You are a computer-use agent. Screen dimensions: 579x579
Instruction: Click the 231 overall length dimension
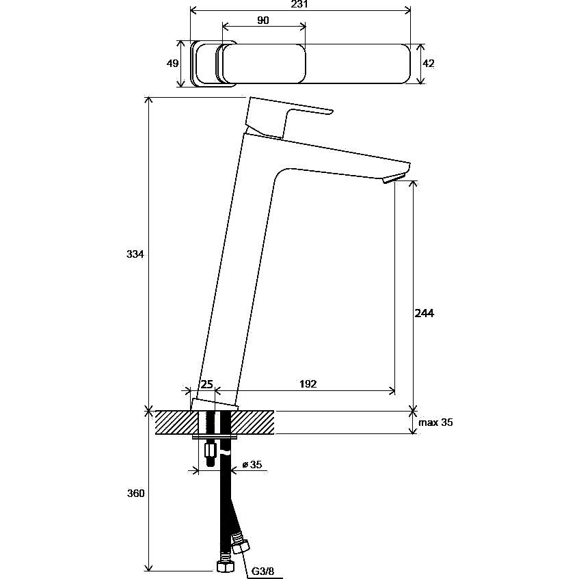299,4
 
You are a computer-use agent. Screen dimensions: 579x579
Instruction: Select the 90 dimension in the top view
263,21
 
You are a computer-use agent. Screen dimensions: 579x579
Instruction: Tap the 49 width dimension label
172,63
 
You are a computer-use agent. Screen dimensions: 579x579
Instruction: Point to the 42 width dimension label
429,64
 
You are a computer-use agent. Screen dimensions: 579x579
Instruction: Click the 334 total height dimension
135,254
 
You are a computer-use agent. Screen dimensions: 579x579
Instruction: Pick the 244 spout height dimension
425,313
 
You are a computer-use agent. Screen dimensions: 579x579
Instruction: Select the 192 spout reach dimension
308,384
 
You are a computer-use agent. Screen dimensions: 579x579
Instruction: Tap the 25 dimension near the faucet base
206,384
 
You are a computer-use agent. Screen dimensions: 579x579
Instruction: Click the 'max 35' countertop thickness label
435,422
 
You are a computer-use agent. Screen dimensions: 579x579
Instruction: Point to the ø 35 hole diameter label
252,464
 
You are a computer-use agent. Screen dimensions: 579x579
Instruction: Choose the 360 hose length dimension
136,493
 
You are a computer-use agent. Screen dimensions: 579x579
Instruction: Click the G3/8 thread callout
262,571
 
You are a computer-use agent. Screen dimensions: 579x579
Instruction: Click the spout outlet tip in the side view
395,178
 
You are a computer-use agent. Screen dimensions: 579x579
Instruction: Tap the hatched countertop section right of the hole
252,422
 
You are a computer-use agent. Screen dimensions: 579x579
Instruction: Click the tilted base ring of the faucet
215,405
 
